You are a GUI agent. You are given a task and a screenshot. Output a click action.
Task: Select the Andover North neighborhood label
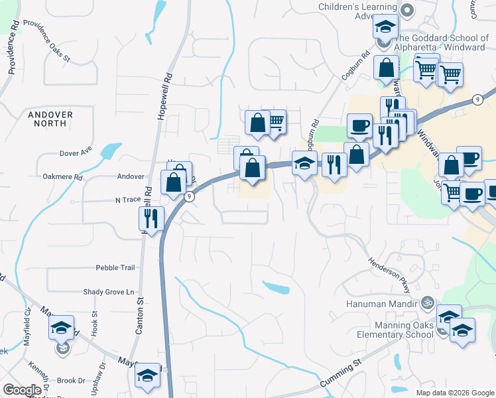(51, 119)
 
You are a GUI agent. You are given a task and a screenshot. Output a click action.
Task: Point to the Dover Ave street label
(76, 153)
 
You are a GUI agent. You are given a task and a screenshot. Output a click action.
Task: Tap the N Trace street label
(129, 199)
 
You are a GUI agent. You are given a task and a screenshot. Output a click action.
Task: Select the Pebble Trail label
(115, 268)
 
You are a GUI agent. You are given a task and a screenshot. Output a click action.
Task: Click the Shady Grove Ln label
(108, 292)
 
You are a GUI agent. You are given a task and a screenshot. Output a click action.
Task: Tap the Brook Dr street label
(71, 381)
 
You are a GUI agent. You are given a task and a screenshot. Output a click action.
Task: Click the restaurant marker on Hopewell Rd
(151, 218)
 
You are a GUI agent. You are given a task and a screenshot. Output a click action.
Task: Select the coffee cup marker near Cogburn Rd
(360, 126)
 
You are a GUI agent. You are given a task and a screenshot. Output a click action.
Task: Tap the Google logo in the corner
(22, 390)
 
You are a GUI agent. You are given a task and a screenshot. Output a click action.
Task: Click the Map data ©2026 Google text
(454, 393)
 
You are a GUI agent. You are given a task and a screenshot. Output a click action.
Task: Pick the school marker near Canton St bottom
(148, 375)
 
